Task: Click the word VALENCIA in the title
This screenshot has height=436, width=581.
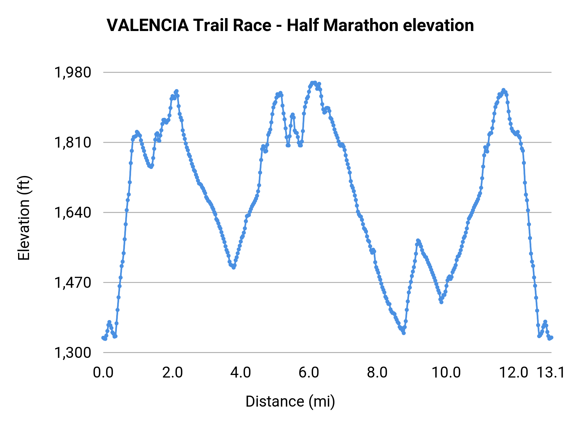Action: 148,26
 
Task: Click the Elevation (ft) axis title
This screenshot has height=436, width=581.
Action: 24,218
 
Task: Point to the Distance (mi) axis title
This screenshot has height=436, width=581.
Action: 290,401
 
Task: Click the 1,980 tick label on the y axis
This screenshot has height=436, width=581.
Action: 73,72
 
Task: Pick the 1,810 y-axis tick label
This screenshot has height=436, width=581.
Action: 73,142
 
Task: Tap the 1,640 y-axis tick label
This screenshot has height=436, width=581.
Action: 73,213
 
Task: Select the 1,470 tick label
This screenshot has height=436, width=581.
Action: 73,283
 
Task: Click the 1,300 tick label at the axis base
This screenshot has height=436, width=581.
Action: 73,353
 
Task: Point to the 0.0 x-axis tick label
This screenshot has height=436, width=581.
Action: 103,372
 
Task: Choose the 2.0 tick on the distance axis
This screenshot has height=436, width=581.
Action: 172,372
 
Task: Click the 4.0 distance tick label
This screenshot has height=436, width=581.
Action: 241,372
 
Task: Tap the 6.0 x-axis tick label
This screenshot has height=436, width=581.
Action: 309,372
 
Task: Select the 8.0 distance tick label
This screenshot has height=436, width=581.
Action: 377,372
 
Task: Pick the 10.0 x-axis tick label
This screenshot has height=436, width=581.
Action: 446,372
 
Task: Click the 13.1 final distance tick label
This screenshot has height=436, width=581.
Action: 551,372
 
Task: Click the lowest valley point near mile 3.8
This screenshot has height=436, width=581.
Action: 234,267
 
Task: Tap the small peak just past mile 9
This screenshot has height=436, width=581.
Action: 418,240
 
